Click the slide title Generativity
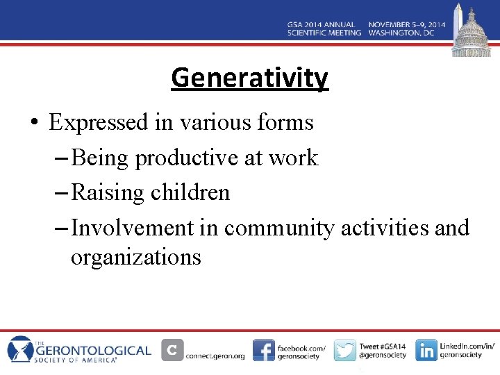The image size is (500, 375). (x=249, y=77)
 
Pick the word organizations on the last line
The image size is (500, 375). (x=135, y=257)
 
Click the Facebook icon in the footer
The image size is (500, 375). (x=263, y=350)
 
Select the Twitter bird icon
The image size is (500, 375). (x=344, y=350)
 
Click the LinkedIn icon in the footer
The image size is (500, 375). (x=426, y=350)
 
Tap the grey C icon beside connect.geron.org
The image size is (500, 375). (x=172, y=350)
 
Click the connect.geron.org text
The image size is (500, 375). (x=215, y=356)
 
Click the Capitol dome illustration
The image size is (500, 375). (x=471, y=32)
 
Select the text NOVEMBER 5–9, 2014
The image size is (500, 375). (x=406, y=25)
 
